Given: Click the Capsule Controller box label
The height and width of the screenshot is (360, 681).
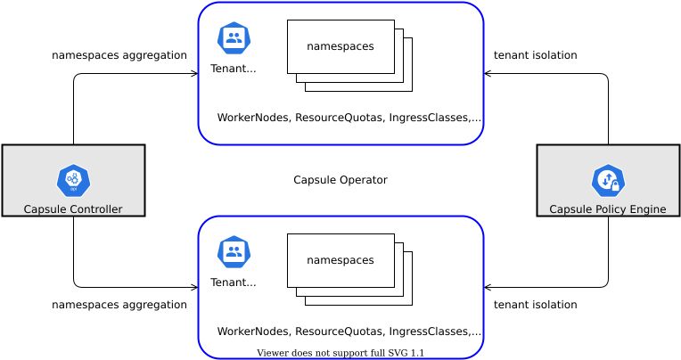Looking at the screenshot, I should coord(73,209).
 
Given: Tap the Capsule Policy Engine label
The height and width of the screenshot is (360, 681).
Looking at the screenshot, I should coord(607,209).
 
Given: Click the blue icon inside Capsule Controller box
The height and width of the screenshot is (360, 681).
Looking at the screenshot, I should coord(73,181).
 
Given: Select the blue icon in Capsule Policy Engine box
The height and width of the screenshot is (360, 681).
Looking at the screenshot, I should coord(608,181).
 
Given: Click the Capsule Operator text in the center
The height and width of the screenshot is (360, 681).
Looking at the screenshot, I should coord(340,180).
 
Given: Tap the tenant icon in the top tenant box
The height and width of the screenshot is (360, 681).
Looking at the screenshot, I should coord(234,38).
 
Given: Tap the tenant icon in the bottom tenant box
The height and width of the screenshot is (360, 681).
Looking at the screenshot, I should coord(234,252).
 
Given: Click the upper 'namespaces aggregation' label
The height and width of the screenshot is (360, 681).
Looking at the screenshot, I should coord(119,55).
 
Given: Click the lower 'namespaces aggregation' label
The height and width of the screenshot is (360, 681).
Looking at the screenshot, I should coord(119,305).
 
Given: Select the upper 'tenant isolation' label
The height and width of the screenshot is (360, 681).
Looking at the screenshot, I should coord(535,55).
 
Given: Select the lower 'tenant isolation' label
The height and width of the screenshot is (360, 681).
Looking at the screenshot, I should coord(535,305).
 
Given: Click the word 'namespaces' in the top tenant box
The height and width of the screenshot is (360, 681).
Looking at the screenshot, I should coord(340,46).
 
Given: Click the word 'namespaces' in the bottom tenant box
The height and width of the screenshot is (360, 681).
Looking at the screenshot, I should coord(340,260).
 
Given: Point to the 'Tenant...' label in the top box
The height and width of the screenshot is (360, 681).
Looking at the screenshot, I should coord(234,69).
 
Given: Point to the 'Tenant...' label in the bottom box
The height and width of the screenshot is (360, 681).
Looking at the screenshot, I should coord(234,282).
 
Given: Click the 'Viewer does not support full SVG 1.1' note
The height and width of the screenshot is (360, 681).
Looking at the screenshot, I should coord(340,353).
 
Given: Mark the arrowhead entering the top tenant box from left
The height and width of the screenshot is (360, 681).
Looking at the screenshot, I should coord(194,73).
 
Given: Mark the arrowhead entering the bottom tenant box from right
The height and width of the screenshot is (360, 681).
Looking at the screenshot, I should coord(488,287).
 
